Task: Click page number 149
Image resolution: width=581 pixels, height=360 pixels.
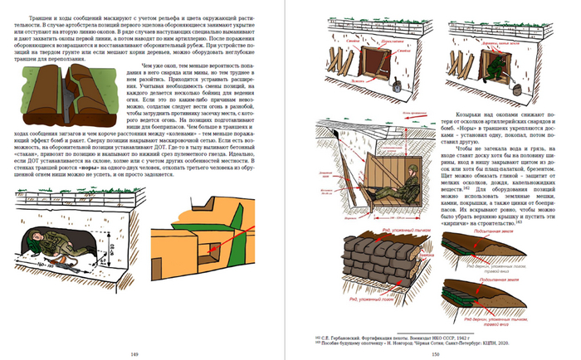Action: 146,353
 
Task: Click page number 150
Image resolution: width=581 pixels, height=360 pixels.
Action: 435,353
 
